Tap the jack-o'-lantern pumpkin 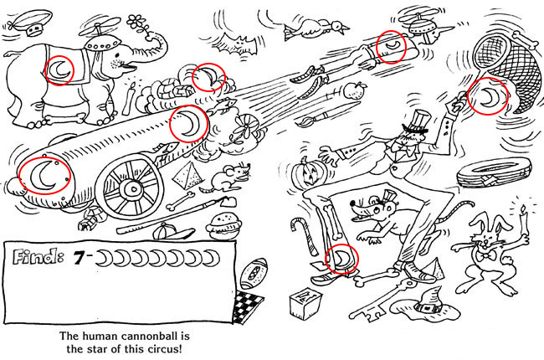(305, 172)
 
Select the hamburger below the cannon (223, 225)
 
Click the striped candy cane (305, 235)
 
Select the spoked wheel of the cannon (133, 188)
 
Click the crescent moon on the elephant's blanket (59, 70)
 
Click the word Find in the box (38, 256)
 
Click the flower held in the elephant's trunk (136, 23)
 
